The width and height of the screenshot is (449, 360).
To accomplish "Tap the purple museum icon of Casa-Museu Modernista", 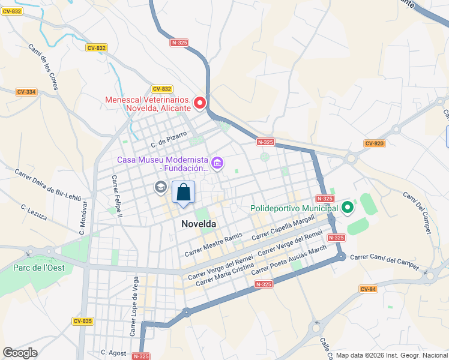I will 217,163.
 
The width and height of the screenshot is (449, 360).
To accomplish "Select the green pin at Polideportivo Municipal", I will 346,208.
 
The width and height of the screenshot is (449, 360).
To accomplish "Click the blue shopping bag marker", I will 184,193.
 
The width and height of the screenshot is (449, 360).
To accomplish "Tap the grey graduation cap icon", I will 160,187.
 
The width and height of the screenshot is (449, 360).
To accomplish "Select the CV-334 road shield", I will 26,92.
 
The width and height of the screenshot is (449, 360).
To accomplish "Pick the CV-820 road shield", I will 373,143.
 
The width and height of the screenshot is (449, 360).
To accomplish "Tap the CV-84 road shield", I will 368,289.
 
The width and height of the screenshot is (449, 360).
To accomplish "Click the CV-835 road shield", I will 83,321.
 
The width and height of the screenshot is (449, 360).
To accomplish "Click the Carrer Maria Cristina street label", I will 221,275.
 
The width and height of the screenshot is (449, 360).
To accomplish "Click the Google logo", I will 20,352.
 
